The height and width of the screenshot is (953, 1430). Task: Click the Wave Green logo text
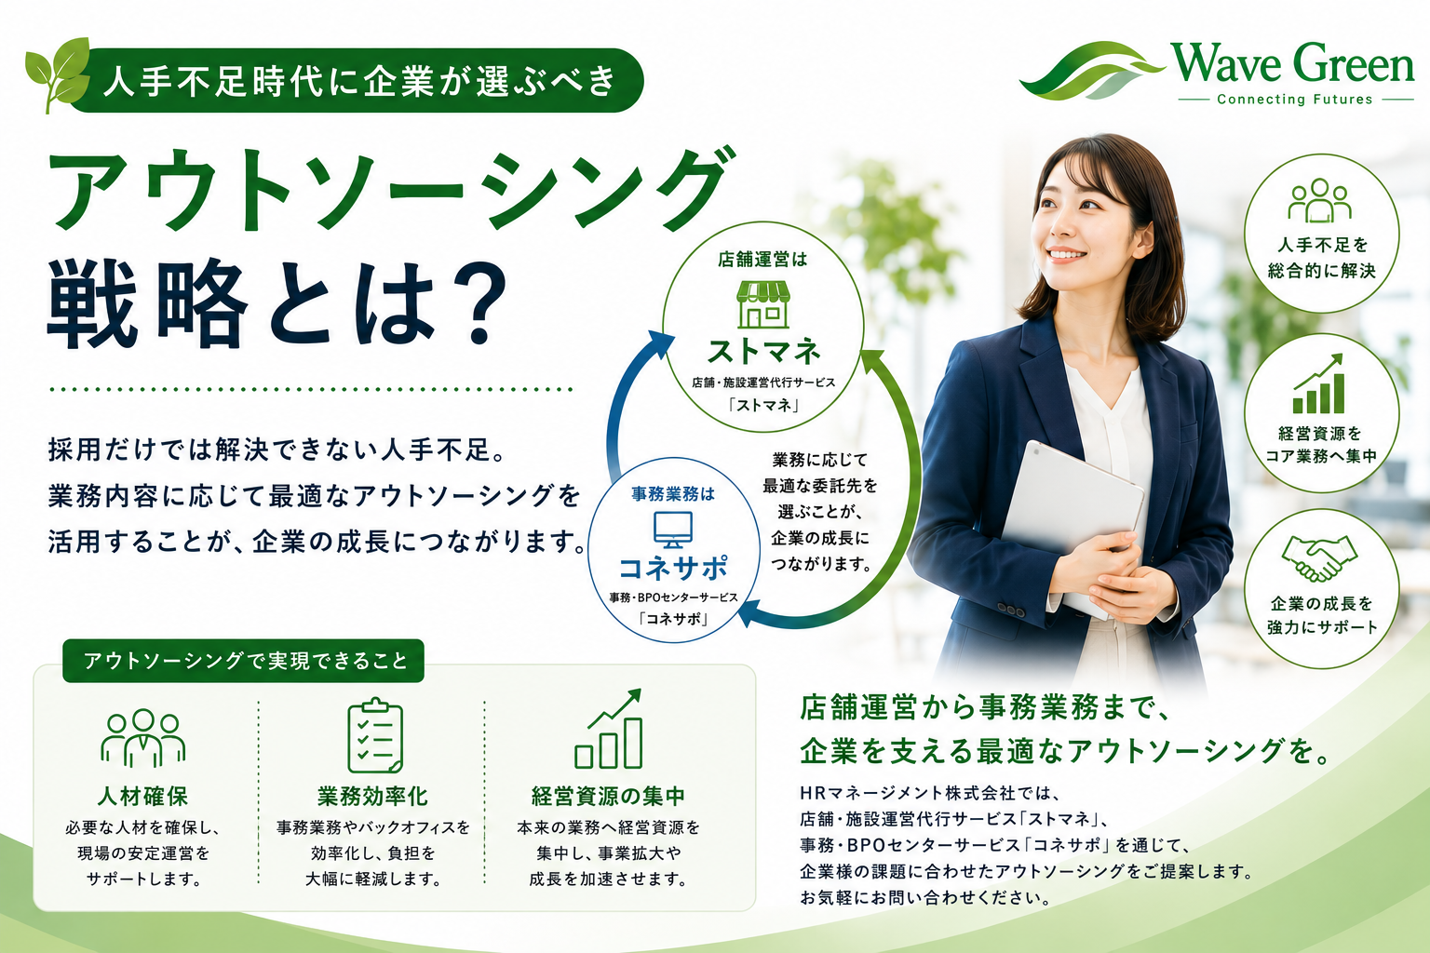pyautogui.click(x=1292, y=64)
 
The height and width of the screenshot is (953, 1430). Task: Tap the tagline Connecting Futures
pyautogui.click(x=1295, y=100)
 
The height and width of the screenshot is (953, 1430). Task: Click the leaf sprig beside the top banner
pyautogui.click(x=58, y=74)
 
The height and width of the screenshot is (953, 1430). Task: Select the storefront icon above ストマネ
pyautogui.click(x=762, y=304)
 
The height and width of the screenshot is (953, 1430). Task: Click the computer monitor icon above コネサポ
pyautogui.click(x=673, y=530)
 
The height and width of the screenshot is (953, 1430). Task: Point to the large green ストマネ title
pyautogui.click(x=763, y=352)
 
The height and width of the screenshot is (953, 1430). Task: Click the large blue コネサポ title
pyautogui.click(x=673, y=567)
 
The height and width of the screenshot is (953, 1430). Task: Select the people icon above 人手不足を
pyautogui.click(x=1319, y=200)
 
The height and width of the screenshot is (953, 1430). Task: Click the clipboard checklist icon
pyautogui.click(x=375, y=735)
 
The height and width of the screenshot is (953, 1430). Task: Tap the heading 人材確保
pyautogui.click(x=143, y=796)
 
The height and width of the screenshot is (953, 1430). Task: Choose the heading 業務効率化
pyautogui.click(x=373, y=796)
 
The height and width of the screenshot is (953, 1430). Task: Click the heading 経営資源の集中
pyautogui.click(x=608, y=796)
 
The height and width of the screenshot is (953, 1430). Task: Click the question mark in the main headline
pyautogui.click(x=478, y=304)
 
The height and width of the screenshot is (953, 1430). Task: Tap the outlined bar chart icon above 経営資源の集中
pyautogui.click(x=608, y=729)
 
